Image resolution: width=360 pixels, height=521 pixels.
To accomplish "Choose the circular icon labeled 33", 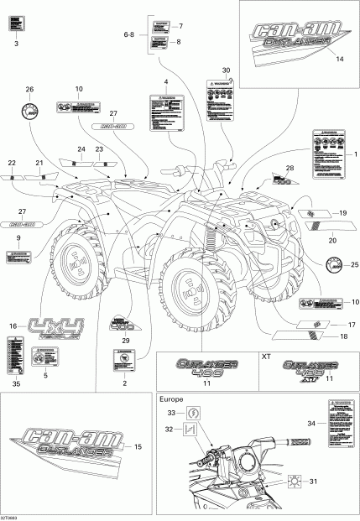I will (194, 413).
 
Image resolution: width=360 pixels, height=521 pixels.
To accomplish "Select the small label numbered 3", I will (16, 26).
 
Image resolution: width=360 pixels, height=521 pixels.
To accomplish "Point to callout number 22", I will (12, 162).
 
